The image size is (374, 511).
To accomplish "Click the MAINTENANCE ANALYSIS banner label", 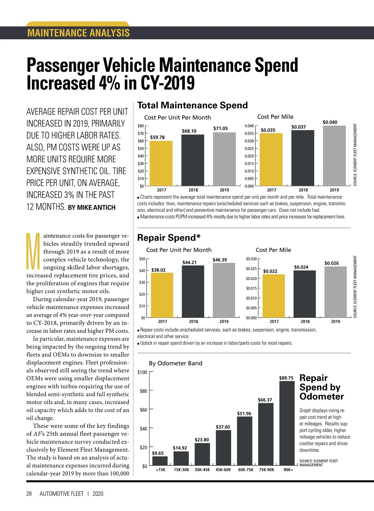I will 78,33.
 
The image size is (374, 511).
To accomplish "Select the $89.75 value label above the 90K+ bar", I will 286,378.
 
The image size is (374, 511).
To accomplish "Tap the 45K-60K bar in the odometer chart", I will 223,448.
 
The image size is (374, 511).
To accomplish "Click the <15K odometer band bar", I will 160,460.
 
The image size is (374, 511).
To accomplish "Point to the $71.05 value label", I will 220,129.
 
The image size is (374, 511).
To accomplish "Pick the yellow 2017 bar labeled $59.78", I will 161,163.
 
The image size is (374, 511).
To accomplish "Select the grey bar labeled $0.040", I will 334,156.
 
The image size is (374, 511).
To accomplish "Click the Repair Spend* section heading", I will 169,238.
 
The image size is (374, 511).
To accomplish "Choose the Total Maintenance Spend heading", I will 192,105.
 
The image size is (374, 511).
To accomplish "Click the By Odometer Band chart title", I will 175,363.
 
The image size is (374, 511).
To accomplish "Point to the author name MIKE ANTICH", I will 96,207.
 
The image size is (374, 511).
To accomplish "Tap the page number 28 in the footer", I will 29,494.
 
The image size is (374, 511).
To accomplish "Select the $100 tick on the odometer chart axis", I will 142,372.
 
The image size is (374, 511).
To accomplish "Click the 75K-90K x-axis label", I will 266,470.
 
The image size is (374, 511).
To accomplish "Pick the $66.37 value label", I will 265,400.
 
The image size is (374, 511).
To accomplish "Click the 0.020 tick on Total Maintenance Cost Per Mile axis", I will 249,156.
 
